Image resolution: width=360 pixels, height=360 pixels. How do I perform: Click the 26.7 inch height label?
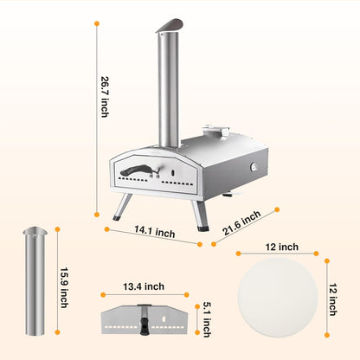(x=105, y=97)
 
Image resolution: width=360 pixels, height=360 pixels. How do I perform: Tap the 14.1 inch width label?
(x=155, y=232)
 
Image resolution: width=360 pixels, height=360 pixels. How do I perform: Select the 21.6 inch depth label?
(x=241, y=222)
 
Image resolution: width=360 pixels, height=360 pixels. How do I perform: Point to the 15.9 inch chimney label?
(x=64, y=288)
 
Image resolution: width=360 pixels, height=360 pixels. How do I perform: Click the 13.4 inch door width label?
(x=144, y=286)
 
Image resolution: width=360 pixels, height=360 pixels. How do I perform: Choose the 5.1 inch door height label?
(x=207, y=319)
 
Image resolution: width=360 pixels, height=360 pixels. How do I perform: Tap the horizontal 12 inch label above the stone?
(x=282, y=247)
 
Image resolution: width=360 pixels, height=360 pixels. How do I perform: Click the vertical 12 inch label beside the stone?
(x=333, y=299)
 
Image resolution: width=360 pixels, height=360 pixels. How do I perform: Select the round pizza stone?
(x=278, y=297)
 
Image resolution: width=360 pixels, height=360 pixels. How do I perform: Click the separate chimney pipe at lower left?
(x=35, y=281)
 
